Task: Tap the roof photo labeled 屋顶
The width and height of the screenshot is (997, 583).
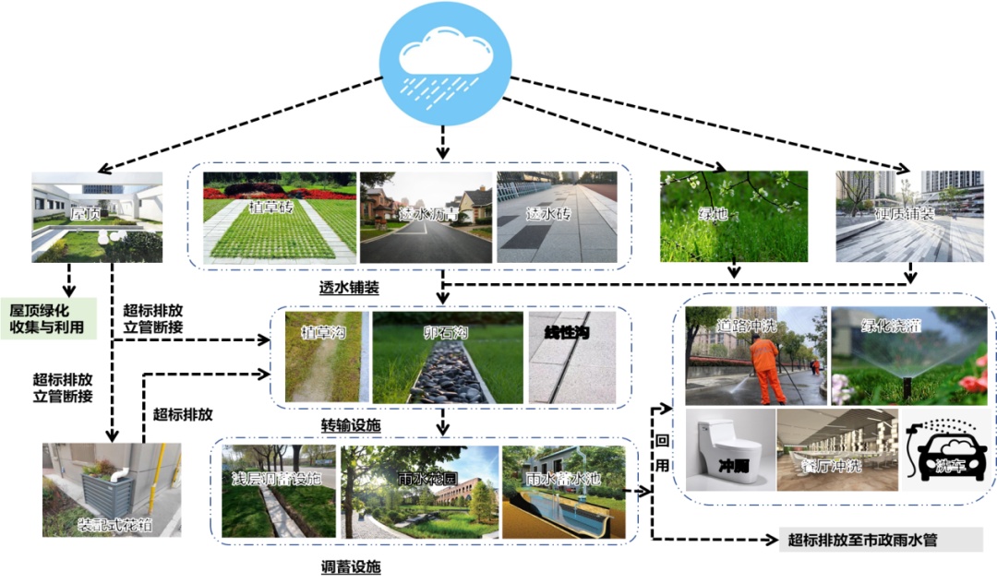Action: tap(97, 217)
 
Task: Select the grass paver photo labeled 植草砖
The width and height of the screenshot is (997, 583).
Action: tap(280, 217)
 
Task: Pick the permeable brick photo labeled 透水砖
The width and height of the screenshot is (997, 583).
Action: tap(557, 217)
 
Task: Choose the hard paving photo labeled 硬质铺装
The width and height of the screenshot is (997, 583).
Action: tap(909, 217)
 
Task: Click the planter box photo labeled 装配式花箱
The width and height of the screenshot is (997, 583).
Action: tap(112, 490)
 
